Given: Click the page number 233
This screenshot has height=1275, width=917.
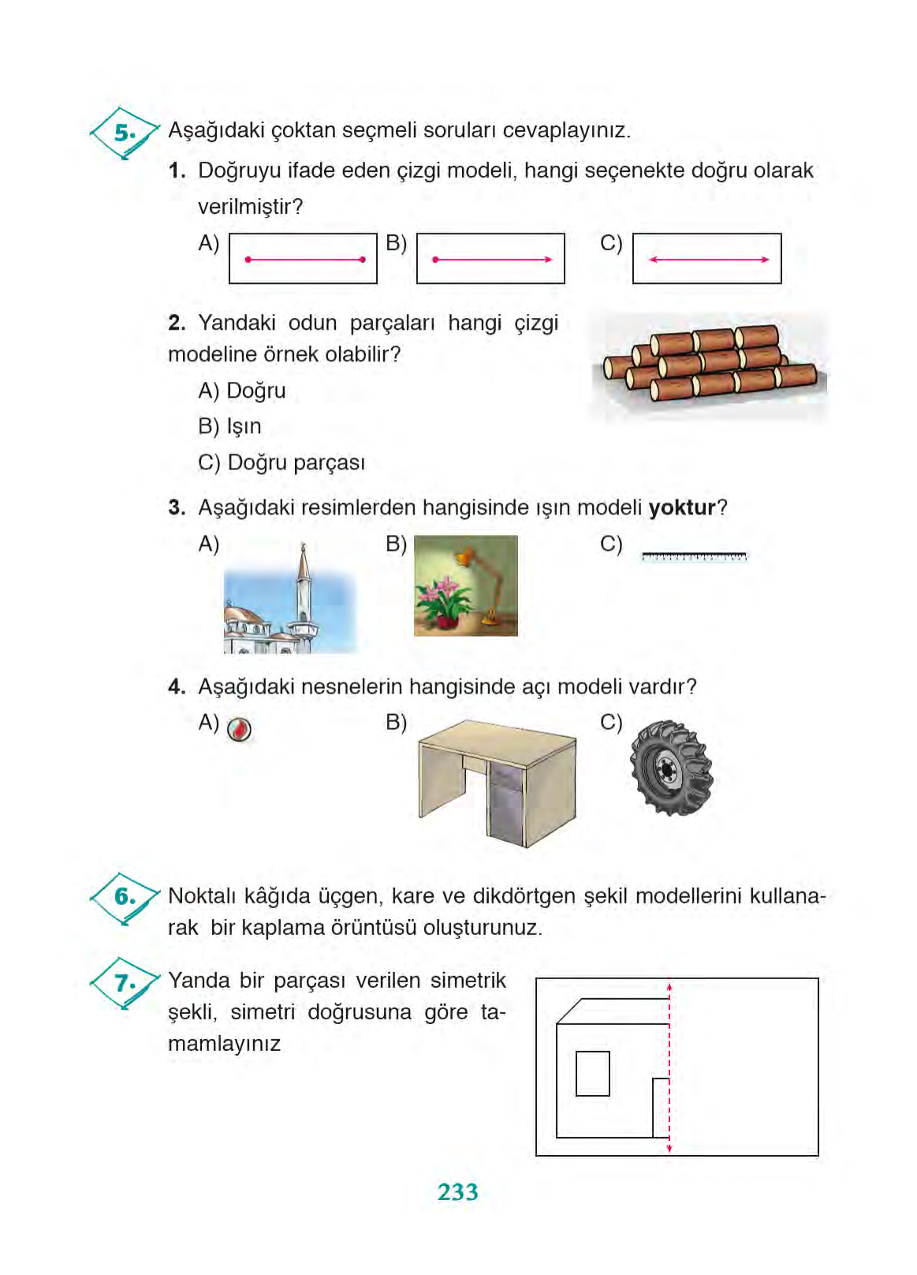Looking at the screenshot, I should (x=457, y=1191).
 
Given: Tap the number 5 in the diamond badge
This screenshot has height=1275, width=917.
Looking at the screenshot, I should (x=124, y=133).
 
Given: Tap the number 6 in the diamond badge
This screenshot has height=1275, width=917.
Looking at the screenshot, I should (x=124, y=896).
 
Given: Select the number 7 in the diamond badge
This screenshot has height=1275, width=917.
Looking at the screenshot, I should (x=124, y=983).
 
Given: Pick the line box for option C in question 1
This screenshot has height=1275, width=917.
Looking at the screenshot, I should (x=706, y=259).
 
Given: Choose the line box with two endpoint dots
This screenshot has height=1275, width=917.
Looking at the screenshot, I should (x=303, y=259).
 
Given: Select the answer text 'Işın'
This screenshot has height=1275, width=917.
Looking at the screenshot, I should (x=244, y=427).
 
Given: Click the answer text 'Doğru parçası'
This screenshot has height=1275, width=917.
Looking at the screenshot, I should (x=296, y=463).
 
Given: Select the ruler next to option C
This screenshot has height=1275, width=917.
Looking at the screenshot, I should (x=694, y=557).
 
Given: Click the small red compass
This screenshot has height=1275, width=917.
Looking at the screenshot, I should (x=240, y=730).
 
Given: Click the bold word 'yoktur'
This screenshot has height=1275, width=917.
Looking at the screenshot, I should (x=681, y=507).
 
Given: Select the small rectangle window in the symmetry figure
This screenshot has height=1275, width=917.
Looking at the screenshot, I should (x=592, y=1074).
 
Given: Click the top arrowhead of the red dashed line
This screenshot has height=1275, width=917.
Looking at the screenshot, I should (x=669, y=986).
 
